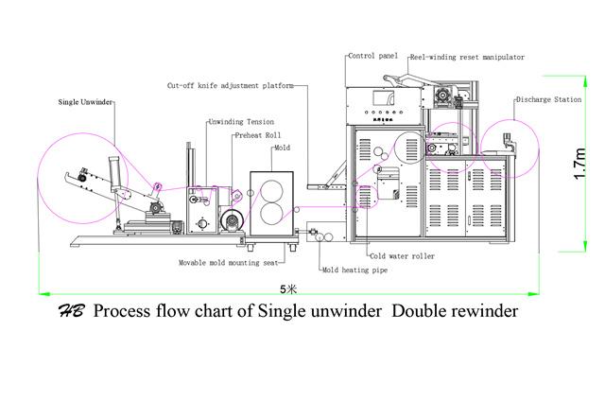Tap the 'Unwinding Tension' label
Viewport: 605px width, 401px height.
[240, 122]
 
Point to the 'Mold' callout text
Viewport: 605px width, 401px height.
[282, 148]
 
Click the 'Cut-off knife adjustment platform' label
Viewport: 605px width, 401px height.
[229, 84]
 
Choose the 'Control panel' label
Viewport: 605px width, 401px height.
[372, 57]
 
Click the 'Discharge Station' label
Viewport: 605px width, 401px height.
[547, 98]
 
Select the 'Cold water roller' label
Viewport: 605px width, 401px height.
[403, 256]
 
